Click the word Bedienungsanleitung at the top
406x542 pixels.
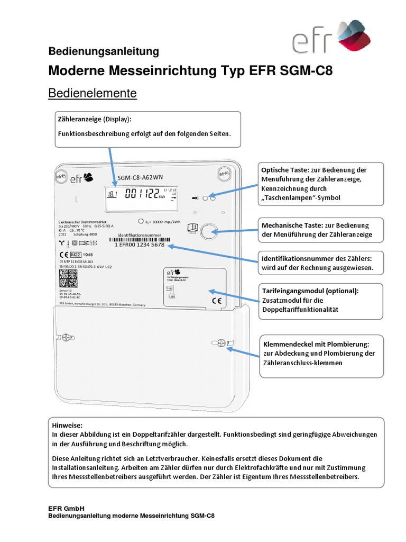tap(104, 51)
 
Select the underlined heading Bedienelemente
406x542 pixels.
tap(93, 93)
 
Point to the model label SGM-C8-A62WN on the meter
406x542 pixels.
tap(141, 178)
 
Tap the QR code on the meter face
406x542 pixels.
tap(67, 278)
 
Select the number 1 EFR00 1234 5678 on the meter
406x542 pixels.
tap(140, 245)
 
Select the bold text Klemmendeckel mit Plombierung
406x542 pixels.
tap(316, 344)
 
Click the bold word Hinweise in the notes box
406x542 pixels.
tap(68, 424)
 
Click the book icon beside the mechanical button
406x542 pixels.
tap(192, 228)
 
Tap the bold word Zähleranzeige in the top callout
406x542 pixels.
tap(79, 119)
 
